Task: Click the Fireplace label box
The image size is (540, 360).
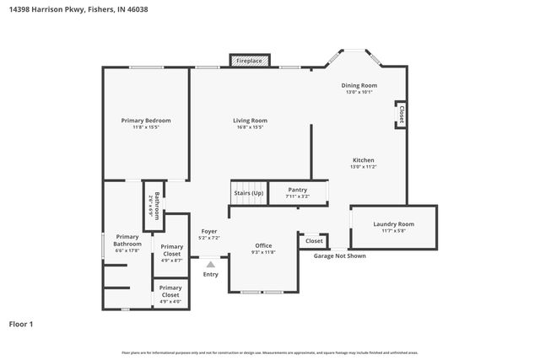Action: click(x=249, y=61)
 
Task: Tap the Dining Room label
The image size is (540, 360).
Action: click(x=359, y=86)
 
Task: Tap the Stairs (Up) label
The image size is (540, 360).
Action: click(x=248, y=193)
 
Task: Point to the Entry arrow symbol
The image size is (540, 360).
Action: click(x=210, y=264)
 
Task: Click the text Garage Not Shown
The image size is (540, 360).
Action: click(x=339, y=255)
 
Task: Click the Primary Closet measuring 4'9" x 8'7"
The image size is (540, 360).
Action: click(x=171, y=250)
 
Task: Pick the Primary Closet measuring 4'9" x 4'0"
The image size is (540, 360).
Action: click(x=170, y=292)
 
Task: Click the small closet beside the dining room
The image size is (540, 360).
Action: click(x=401, y=115)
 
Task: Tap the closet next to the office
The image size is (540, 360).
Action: click(x=314, y=241)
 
